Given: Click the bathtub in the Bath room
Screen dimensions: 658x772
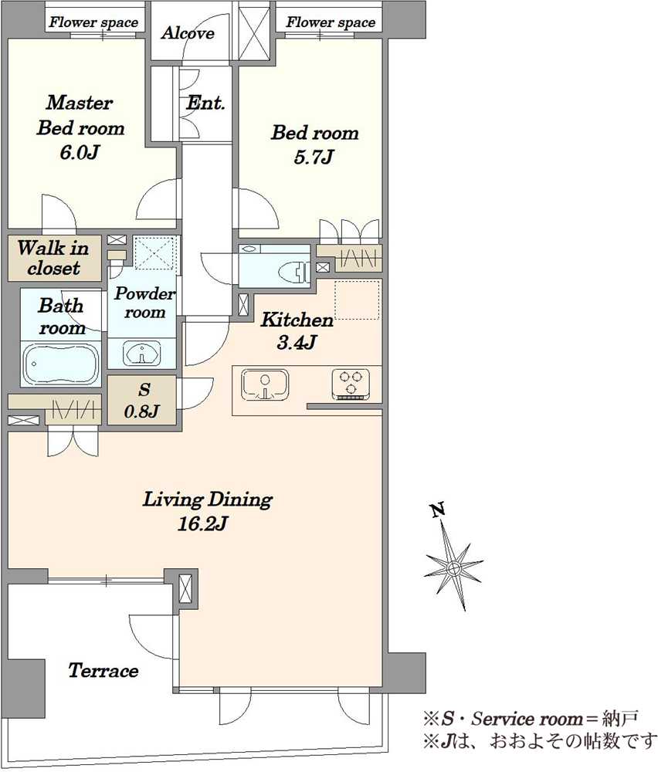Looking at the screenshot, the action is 62,364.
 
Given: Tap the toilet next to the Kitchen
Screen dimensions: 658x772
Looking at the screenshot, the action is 293,271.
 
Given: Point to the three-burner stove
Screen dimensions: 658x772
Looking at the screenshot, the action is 351,384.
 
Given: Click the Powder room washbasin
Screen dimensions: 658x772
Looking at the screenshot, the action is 142,353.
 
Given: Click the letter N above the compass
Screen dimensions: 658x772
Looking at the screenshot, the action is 438,510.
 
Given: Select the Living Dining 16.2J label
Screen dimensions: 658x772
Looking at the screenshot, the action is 207,511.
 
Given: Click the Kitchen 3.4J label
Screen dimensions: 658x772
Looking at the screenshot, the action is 297,330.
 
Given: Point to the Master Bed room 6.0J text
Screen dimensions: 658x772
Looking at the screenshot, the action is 80,127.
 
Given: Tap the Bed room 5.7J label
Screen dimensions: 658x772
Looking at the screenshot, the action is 315,145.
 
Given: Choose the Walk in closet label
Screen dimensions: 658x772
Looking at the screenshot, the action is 54,258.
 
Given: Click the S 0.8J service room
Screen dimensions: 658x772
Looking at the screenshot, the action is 142,400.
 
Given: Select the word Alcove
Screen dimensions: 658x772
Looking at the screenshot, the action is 188,33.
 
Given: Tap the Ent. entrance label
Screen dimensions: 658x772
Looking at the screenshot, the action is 205,103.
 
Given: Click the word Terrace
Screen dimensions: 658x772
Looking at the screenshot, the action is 103,671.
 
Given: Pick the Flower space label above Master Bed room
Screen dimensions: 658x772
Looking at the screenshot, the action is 93,22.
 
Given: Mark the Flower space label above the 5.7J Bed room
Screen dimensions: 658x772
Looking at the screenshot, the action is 331,22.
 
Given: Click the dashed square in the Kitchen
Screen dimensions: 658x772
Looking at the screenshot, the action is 358,300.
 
